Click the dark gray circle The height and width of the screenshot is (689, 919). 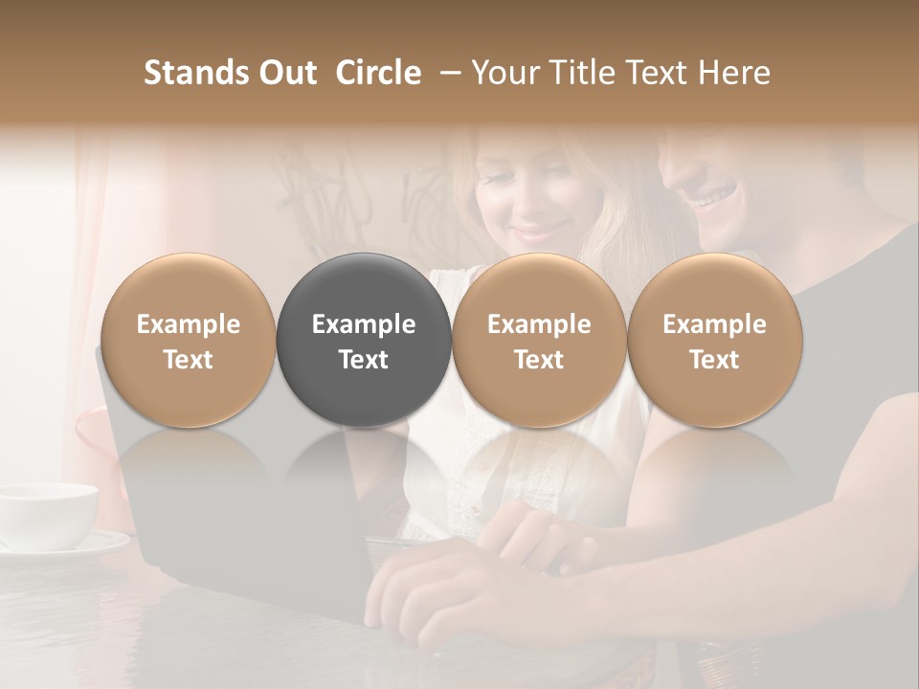(x=364, y=340)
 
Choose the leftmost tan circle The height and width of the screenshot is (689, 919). (x=189, y=340)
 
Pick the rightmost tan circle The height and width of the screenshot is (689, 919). (x=714, y=340)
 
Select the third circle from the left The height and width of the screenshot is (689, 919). (x=539, y=340)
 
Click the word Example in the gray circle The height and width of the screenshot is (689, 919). (x=364, y=324)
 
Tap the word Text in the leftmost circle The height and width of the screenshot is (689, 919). (x=189, y=360)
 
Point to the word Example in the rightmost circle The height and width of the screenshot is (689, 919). (x=714, y=324)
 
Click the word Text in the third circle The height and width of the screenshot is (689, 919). (x=539, y=360)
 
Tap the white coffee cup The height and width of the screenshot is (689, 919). (x=48, y=513)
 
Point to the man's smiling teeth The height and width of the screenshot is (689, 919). (x=712, y=199)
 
